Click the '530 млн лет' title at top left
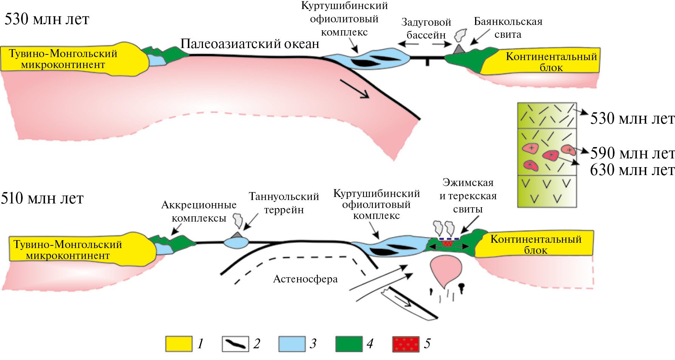[x=47, y=19]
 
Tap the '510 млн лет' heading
[x=42, y=198]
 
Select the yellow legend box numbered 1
[x=179, y=344]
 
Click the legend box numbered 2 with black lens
[x=235, y=344]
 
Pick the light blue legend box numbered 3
[x=292, y=344]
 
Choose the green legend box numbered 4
[x=348, y=344]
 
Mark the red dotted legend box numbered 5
[x=406, y=344]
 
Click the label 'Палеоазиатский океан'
[x=250, y=44]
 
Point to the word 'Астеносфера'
[x=305, y=279]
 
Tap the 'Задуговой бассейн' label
[x=426, y=28]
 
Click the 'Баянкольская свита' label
[x=508, y=28]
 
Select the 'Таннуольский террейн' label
[x=284, y=203]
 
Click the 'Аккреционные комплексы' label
[x=199, y=211]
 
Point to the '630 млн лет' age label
[x=632, y=170]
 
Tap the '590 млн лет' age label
[x=632, y=153]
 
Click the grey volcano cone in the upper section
[x=459, y=49]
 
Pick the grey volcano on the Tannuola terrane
[x=237, y=235]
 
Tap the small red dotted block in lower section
[x=447, y=243]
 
